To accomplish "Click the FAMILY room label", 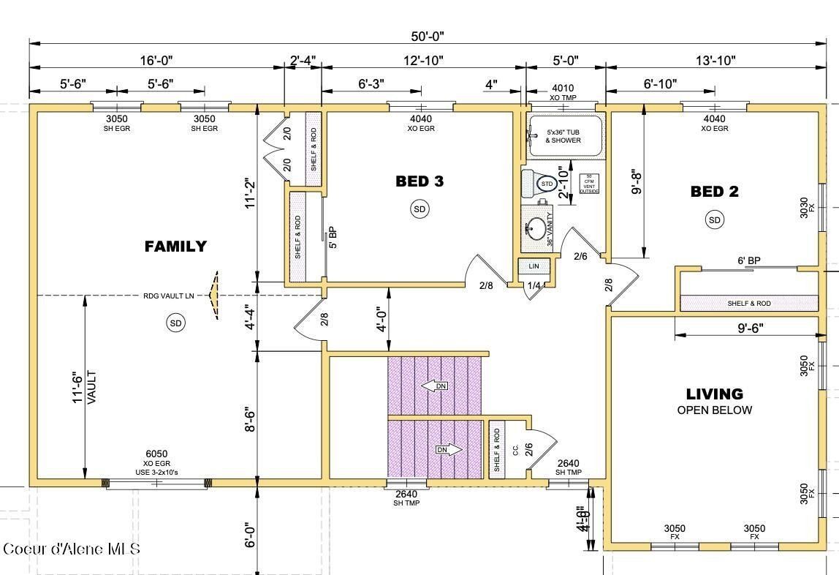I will tap(175, 247).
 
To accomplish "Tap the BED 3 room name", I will tap(419, 181).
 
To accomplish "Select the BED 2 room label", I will tap(714, 192).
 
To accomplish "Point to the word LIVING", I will tap(714, 394).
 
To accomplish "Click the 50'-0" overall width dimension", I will tap(427, 36).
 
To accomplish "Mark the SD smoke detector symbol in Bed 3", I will tap(419, 209).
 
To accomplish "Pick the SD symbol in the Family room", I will tap(175, 323).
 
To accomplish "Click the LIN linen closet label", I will tap(534, 267).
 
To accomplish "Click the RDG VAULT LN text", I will tap(168, 296).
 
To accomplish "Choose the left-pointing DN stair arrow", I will tap(436, 386).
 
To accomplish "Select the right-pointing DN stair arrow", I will tap(447, 450).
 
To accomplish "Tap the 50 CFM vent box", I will tap(589, 184).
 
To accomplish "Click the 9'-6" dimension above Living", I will tap(751, 329).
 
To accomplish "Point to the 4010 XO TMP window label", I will tap(563, 93).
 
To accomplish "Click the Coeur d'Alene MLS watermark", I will tap(71, 549).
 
